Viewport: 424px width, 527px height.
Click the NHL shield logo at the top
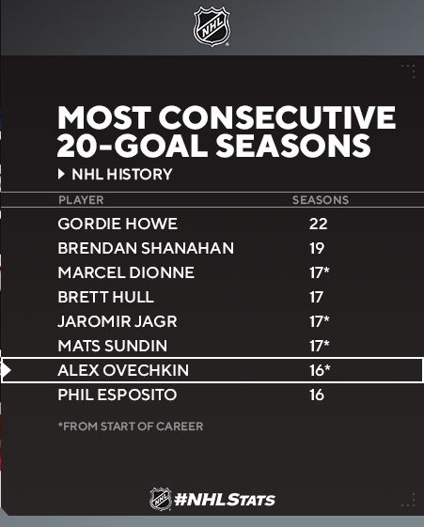click(x=212, y=26)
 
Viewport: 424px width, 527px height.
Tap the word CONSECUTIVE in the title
click(x=277, y=117)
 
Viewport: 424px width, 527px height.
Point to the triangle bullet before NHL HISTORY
click(x=61, y=174)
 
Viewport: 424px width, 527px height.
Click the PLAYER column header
click(x=81, y=200)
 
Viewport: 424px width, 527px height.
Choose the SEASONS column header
click(x=321, y=200)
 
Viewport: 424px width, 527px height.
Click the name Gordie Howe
click(x=118, y=224)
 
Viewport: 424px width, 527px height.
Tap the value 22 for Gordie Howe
click(x=318, y=224)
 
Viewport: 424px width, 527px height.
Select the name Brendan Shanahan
click(x=146, y=248)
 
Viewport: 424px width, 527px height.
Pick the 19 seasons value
click(x=317, y=248)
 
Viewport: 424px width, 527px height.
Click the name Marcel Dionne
click(x=126, y=272)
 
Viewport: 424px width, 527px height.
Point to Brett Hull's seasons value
click(x=316, y=297)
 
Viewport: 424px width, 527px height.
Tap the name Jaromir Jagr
click(x=118, y=321)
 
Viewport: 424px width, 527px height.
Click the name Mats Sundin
click(x=112, y=346)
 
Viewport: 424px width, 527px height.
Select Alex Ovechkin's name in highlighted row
click(x=123, y=370)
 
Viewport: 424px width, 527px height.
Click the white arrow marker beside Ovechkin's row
click(x=7, y=370)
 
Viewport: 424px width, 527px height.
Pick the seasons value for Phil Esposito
click(x=317, y=395)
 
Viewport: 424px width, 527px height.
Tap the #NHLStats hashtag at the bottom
click(x=225, y=500)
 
